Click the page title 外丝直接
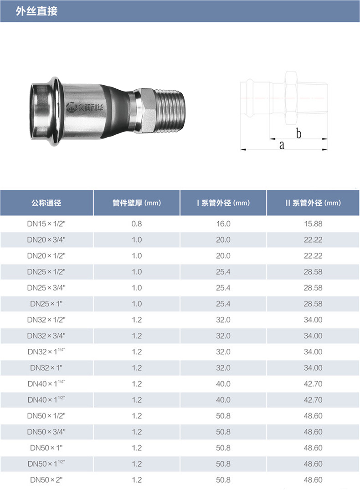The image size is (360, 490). click(x=36, y=11)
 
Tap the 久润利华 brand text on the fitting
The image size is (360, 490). click(x=90, y=108)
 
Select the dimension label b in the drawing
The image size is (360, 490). click(x=298, y=133)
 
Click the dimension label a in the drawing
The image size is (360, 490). click(x=282, y=145)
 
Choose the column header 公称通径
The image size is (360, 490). click(x=46, y=203)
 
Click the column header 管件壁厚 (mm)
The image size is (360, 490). click(x=137, y=203)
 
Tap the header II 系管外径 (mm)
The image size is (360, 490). click(x=313, y=203)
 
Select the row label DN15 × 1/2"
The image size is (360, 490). click(x=46, y=224)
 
